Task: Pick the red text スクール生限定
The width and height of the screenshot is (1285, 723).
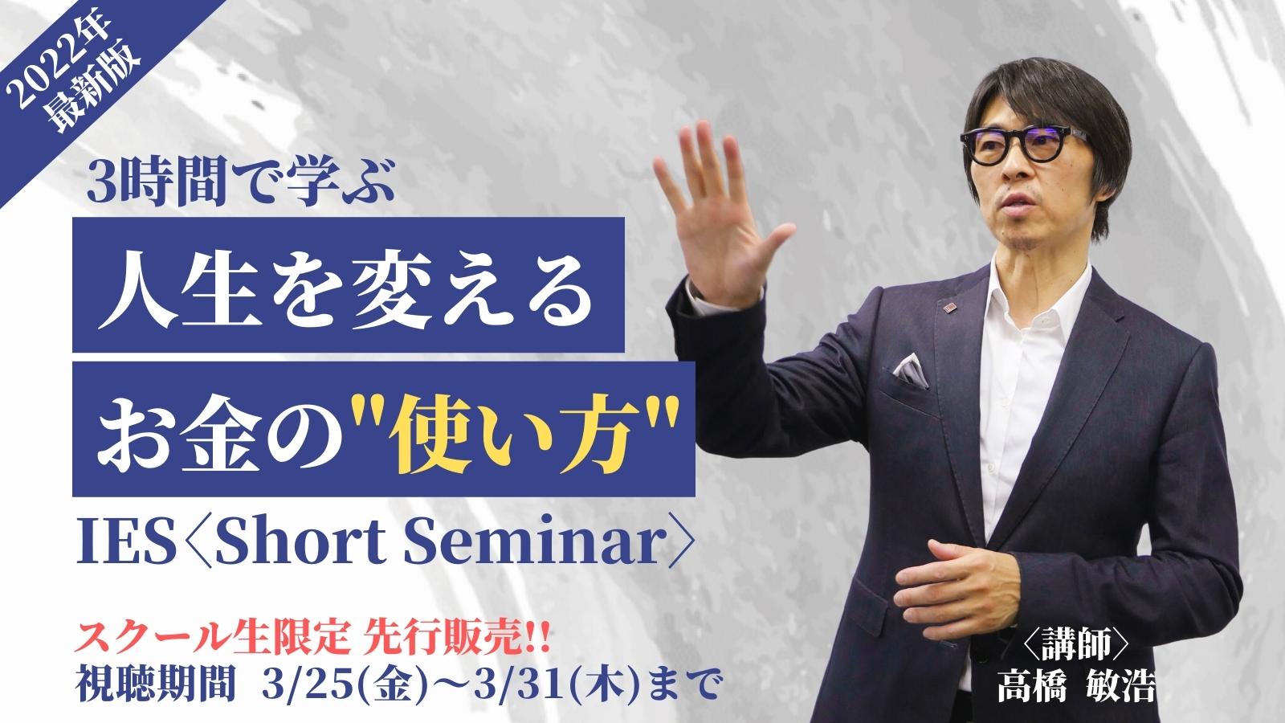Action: [212, 639]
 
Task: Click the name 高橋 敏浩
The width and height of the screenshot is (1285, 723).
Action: [1076, 686]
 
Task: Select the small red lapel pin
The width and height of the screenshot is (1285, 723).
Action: [948, 309]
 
